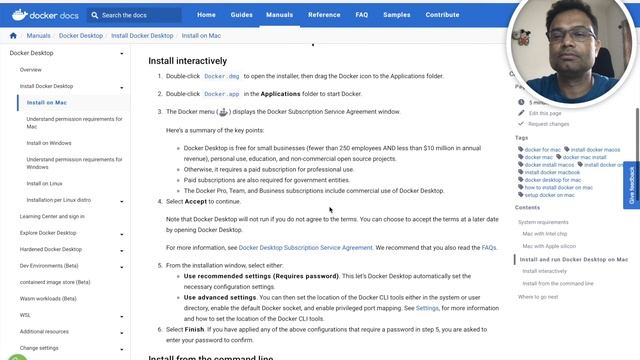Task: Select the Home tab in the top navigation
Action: tap(206, 15)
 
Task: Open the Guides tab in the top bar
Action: tap(243, 15)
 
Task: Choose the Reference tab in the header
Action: tap(324, 15)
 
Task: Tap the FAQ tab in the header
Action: tap(362, 15)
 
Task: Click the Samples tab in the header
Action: tap(396, 15)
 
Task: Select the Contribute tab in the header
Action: tap(443, 15)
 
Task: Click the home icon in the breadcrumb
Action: tap(13, 36)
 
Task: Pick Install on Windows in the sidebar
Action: tap(49, 143)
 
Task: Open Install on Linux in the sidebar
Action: tap(45, 183)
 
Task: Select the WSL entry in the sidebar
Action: tap(25, 314)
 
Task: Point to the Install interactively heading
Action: tap(189, 60)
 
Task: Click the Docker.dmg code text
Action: tap(221, 77)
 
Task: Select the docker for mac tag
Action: tap(543, 149)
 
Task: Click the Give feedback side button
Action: tap(632, 185)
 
